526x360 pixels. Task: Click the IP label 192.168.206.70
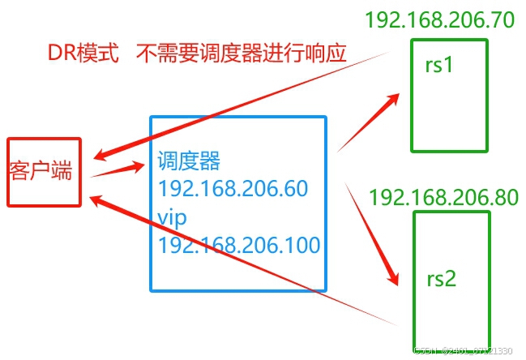coord(439,20)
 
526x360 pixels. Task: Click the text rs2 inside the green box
coord(442,279)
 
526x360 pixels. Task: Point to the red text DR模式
coord(81,54)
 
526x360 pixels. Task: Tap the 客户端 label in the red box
coord(41,171)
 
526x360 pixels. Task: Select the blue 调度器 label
coord(188,160)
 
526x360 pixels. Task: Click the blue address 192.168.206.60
coord(233,188)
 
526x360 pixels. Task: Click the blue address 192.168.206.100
coord(239,244)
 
